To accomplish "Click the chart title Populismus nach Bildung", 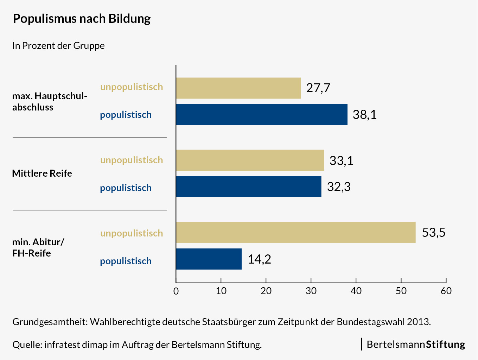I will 82,19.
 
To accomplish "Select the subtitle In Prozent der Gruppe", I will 58,46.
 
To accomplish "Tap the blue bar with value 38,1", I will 262,114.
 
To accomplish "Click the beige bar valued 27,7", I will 238,88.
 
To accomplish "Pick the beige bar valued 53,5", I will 296,232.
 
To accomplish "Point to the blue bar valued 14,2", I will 209,259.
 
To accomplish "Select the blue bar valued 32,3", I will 249,187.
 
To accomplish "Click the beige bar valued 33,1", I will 250,160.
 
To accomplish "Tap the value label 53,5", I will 434,233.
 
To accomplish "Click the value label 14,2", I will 260,259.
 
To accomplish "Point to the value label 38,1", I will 365,115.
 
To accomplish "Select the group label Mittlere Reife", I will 42,173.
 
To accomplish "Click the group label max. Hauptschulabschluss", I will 49,101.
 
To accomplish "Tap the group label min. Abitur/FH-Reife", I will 38,247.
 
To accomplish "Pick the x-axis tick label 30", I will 311,291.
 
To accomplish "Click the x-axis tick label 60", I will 446,291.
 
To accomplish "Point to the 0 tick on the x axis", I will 176,291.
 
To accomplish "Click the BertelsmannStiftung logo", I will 416,344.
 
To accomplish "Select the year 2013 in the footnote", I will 418,322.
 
